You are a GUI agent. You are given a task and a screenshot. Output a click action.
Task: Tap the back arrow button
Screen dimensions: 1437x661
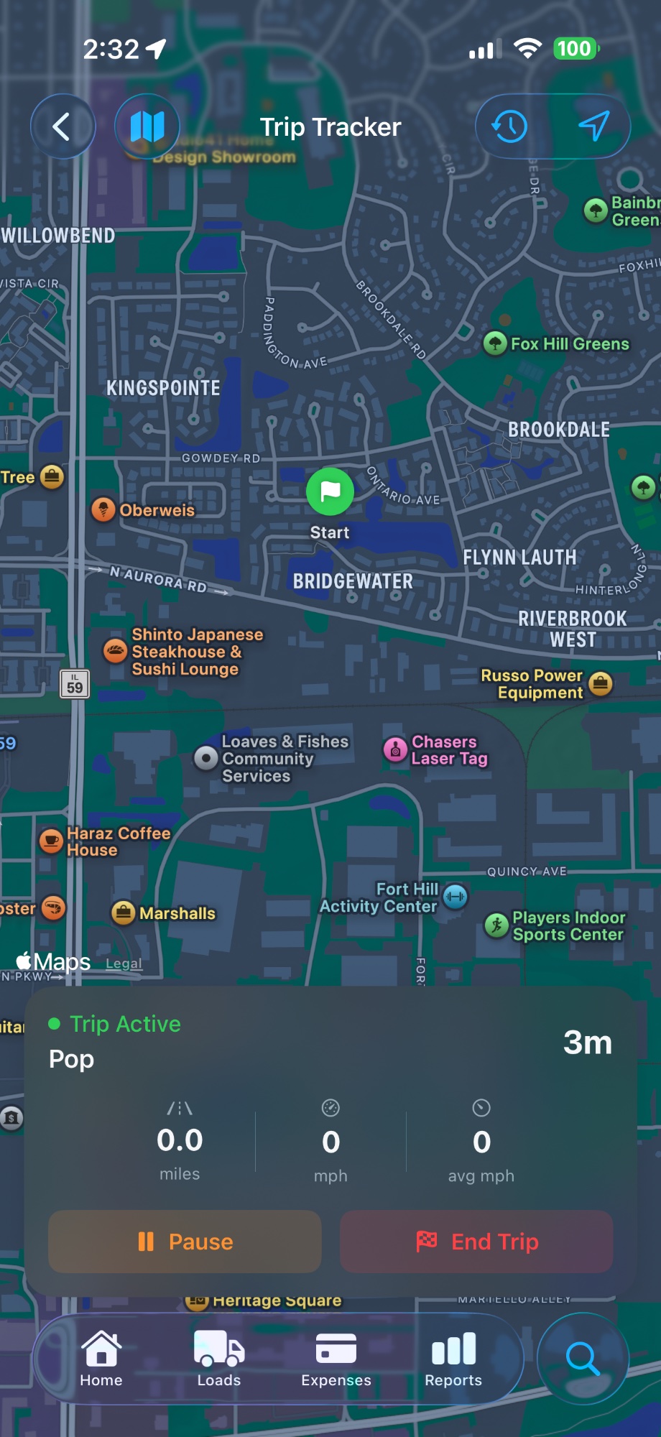[63, 126]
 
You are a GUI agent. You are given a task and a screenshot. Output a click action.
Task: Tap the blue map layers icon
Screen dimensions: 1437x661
[147, 126]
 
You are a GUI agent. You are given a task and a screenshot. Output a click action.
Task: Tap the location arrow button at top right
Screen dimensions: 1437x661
[594, 126]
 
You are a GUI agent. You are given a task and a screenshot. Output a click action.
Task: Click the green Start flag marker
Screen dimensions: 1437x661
[330, 491]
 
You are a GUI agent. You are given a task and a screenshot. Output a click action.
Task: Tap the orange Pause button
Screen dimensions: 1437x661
[185, 1242]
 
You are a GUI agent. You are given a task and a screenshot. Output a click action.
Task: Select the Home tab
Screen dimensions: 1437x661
[101, 1358]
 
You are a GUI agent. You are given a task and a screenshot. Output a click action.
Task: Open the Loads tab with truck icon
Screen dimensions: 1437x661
[219, 1358]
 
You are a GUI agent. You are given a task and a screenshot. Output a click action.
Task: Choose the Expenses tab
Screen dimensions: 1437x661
[336, 1358]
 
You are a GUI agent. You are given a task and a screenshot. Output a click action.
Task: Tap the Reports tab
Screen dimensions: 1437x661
[453, 1358]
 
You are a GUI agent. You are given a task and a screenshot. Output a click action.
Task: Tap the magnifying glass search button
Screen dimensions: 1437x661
[583, 1358]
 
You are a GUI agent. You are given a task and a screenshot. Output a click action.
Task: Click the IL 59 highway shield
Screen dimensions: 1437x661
[75, 684]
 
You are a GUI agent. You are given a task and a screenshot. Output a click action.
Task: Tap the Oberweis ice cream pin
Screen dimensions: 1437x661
[103, 509]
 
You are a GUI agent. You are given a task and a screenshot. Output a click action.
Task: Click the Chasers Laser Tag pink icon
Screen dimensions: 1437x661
[395, 749]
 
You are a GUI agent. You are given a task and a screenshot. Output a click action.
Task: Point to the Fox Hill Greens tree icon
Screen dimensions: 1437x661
[495, 343]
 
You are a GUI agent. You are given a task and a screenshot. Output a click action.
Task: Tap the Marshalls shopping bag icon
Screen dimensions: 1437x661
[124, 913]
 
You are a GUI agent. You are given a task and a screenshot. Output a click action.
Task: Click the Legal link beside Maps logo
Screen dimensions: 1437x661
[124, 964]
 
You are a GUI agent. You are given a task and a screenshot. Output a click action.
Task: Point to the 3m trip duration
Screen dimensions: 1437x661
[587, 1043]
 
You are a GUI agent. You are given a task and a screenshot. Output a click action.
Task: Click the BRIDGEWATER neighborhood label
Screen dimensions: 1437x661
[353, 581]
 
